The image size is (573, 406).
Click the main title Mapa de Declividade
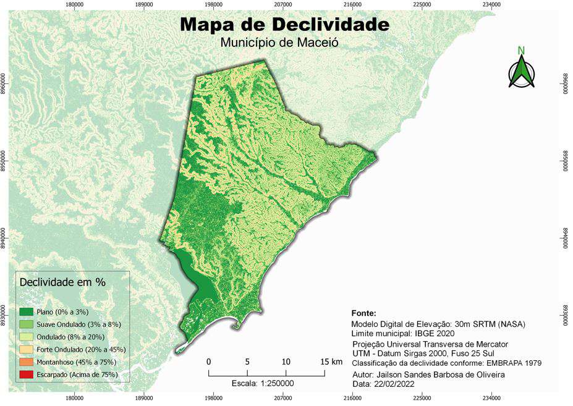285,25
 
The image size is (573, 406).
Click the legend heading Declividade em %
62,282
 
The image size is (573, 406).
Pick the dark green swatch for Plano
27,311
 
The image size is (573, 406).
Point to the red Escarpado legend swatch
27,374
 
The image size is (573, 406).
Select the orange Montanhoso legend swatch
27,362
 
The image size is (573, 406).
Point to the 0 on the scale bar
209,362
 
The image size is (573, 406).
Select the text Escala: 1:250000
262,384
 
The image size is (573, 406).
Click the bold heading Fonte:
363,313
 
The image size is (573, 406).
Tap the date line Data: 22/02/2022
383,384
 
